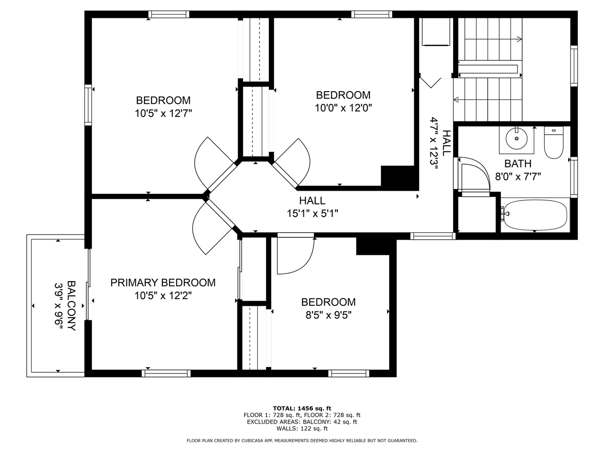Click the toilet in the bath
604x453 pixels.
pos(554,143)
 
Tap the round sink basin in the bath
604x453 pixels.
pos(517,139)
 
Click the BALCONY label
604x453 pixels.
pos(71,306)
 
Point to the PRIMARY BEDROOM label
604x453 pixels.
pos(163,283)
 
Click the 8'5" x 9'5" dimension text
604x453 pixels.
pos(328,315)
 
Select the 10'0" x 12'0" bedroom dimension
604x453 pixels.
pos(344,108)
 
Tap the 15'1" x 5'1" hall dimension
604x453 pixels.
pos(312,213)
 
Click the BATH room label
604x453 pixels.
pos(518,164)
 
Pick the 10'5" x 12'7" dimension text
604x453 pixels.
pos(163,113)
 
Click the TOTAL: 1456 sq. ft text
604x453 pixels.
pos(302,409)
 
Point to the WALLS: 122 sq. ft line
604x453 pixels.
pos(302,428)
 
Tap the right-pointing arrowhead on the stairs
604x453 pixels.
pos(519,39)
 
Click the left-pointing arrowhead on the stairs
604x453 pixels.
pos(456,100)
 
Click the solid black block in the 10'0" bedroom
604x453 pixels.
pos(398,176)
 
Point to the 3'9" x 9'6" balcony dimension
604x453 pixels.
pos(59,306)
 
